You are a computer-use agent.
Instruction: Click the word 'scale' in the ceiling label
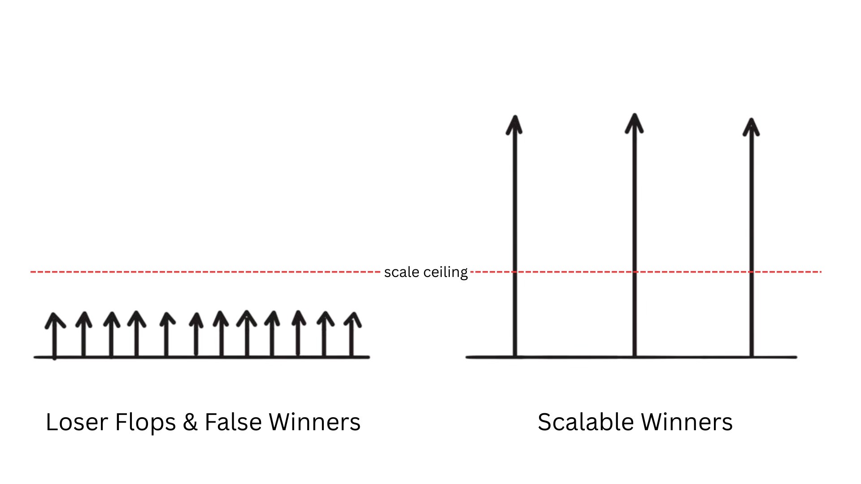point(401,272)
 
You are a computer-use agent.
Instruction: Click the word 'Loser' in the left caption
point(77,422)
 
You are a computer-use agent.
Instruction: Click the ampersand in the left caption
point(190,422)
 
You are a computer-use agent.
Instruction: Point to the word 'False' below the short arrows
point(233,422)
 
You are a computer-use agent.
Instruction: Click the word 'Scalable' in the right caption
point(585,422)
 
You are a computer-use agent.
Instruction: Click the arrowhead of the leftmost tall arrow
point(514,125)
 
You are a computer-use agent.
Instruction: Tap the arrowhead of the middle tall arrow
point(634,123)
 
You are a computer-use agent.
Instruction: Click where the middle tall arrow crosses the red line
point(634,272)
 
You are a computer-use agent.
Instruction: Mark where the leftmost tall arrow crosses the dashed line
point(514,272)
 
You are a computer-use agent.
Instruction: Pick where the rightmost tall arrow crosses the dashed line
point(752,272)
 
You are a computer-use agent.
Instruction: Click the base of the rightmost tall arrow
point(752,356)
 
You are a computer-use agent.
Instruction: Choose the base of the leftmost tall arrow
point(515,356)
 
